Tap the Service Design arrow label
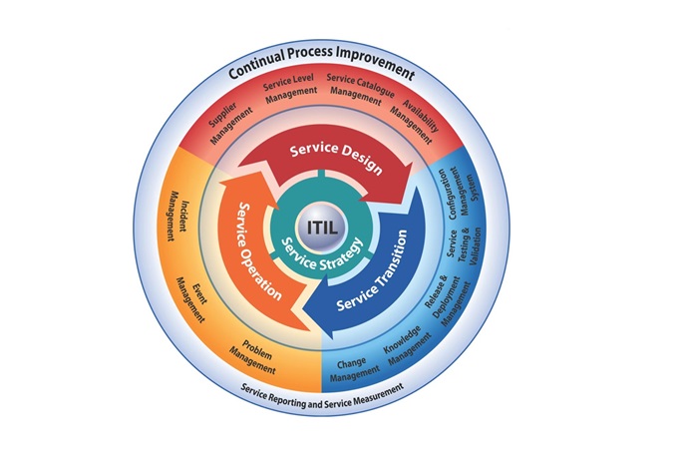click(x=336, y=158)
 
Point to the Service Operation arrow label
click(x=258, y=251)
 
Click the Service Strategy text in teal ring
click(x=322, y=255)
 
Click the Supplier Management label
click(x=229, y=123)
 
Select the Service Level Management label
click(x=290, y=89)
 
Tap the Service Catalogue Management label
click(x=359, y=89)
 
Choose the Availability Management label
click(x=414, y=122)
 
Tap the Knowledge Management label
click(x=407, y=345)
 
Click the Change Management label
click(x=354, y=369)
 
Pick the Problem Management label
click(x=254, y=357)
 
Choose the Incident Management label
click(x=178, y=216)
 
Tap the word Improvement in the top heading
click(x=375, y=64)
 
